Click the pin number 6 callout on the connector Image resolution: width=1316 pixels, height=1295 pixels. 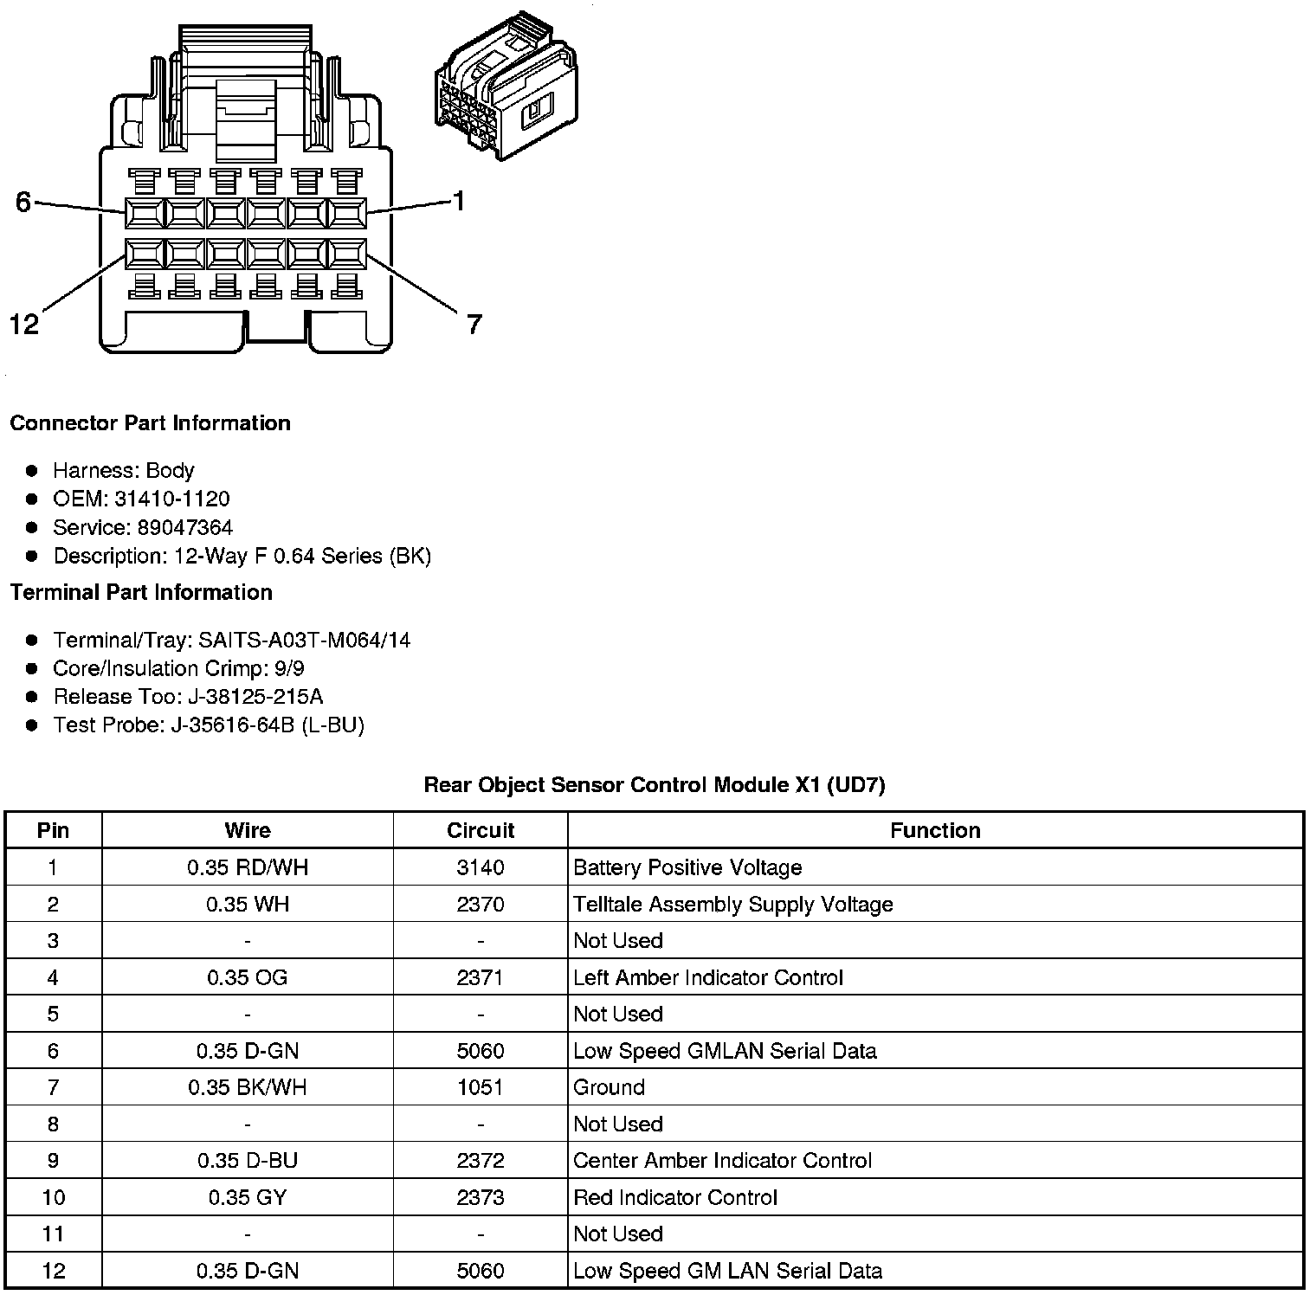(23, 202)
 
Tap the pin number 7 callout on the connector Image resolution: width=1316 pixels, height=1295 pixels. (474, 325)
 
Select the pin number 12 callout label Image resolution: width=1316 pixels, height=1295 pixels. (24, 325)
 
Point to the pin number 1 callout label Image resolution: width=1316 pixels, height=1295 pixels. (459, 202)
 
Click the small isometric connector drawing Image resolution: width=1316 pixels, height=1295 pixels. (506, 87)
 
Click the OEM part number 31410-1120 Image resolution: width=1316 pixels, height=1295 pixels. (171, 499)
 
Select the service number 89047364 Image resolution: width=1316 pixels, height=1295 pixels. (184, 527)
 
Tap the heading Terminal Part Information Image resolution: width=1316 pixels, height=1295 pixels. (141, 592)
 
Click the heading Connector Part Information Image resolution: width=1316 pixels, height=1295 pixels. (150, 423)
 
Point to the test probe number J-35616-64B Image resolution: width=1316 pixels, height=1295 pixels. (233, 725)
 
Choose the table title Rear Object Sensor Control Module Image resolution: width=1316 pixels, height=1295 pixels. (654, 785)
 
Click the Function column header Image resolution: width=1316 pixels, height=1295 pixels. (935, 830)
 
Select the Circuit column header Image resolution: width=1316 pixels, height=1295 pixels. (481, 830)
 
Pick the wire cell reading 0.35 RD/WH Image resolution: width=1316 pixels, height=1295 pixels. (248, 867)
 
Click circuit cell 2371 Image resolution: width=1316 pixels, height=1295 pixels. (481, 977)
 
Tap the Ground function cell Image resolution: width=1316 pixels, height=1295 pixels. (610, 1087)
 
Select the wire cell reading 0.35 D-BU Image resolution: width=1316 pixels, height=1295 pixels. (248, 1161)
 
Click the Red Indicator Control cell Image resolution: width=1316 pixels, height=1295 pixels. (675, 1197)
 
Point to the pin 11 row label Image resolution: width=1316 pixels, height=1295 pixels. (53, 1234)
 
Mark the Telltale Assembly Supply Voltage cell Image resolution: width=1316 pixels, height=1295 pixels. (732, 905)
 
